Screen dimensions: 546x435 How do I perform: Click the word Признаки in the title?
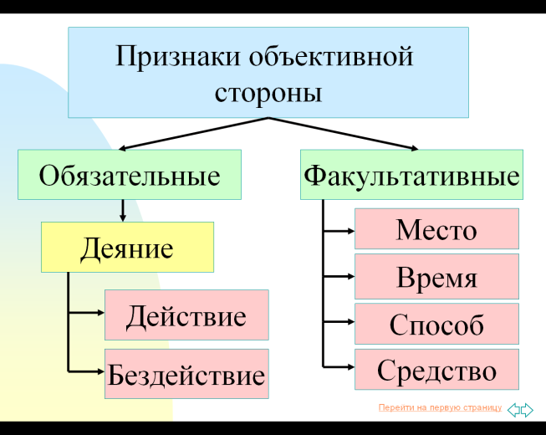(x=177, y=56)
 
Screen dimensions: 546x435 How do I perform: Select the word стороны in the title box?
(x=268, y=93)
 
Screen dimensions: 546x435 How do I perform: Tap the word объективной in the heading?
(x=331, y=56)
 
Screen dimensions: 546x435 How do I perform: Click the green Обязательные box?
(x=130, y=175)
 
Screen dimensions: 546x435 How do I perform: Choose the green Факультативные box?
(x=411, y=175)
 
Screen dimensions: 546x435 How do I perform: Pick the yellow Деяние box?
(x=127, y=248)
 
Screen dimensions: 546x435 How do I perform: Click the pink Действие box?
(x=186, y=315)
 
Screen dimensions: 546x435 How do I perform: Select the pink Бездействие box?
(x=186, y=374)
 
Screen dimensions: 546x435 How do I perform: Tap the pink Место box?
(x=436, y=229)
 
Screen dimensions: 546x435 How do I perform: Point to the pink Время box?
(x=436, y=277)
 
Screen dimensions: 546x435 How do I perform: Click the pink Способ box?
(x=436, y=324)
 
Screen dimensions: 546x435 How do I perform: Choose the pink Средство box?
(x=436, y=370)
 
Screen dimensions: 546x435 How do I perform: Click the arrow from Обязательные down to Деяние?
(x=123, y=211)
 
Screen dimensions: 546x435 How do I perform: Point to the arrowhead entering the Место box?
(x=350, y=231)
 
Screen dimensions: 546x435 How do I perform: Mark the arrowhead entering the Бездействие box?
(x=100, y=372)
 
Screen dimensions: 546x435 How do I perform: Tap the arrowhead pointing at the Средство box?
(x=350, y=366)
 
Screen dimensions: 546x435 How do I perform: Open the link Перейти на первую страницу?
(x=440, y=407)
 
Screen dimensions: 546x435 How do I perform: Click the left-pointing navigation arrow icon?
(x=513, y=410)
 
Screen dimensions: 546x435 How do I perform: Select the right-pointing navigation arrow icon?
(x=527, y=410)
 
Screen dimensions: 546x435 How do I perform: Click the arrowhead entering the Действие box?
(x=100, y=313)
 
